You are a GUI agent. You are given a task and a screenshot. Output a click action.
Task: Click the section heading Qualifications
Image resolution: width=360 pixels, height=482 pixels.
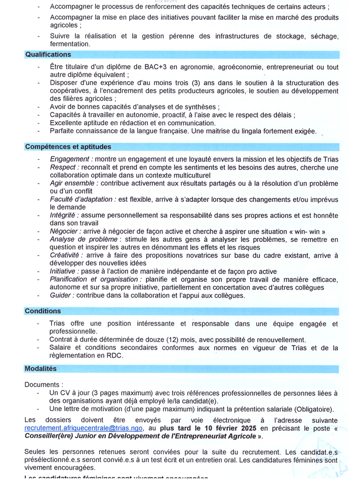click(48, 55)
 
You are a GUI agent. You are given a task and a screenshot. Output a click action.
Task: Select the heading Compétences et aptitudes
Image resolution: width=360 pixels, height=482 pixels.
click(68, 147)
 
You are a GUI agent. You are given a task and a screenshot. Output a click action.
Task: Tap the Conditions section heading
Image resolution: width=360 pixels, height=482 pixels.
click(43, 311)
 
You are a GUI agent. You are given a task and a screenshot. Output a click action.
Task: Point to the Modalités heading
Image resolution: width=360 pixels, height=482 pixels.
click(41, 369)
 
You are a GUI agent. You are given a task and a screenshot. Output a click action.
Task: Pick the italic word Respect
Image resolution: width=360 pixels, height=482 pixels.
click(63, 167)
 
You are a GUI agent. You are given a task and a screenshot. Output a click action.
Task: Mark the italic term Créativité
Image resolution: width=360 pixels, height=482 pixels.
click(66, 255)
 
